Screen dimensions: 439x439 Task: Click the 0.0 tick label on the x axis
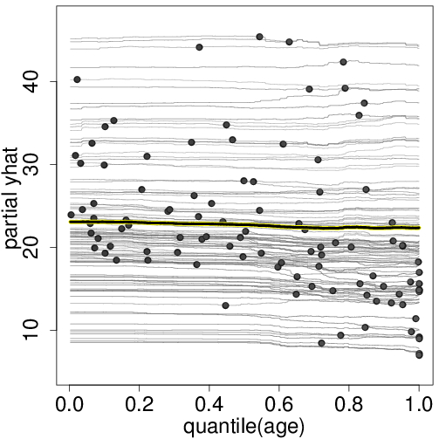tap(69, 406)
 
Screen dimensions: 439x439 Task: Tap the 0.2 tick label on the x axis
tap(139, 406)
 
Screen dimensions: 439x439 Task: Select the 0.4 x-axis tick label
tap(209, 406)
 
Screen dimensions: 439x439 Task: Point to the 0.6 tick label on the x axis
tap(279, 406)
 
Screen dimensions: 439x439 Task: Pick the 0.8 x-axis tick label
tap(349, 406)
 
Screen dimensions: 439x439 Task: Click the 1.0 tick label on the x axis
tap(419, 406)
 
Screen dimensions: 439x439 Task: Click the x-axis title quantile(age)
tap(244, 428)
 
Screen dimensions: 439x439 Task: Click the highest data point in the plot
tap(259, 37)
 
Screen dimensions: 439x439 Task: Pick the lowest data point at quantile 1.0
tap(420, 354)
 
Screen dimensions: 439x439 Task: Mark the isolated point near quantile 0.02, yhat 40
tap(77, 79)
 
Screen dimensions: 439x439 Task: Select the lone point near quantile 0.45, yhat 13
tap(225, 305)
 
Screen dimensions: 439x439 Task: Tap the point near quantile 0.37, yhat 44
tap(199, 47)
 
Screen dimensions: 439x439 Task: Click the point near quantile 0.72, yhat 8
tap(321, 343)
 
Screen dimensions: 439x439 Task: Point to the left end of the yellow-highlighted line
tap(70, 222)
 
